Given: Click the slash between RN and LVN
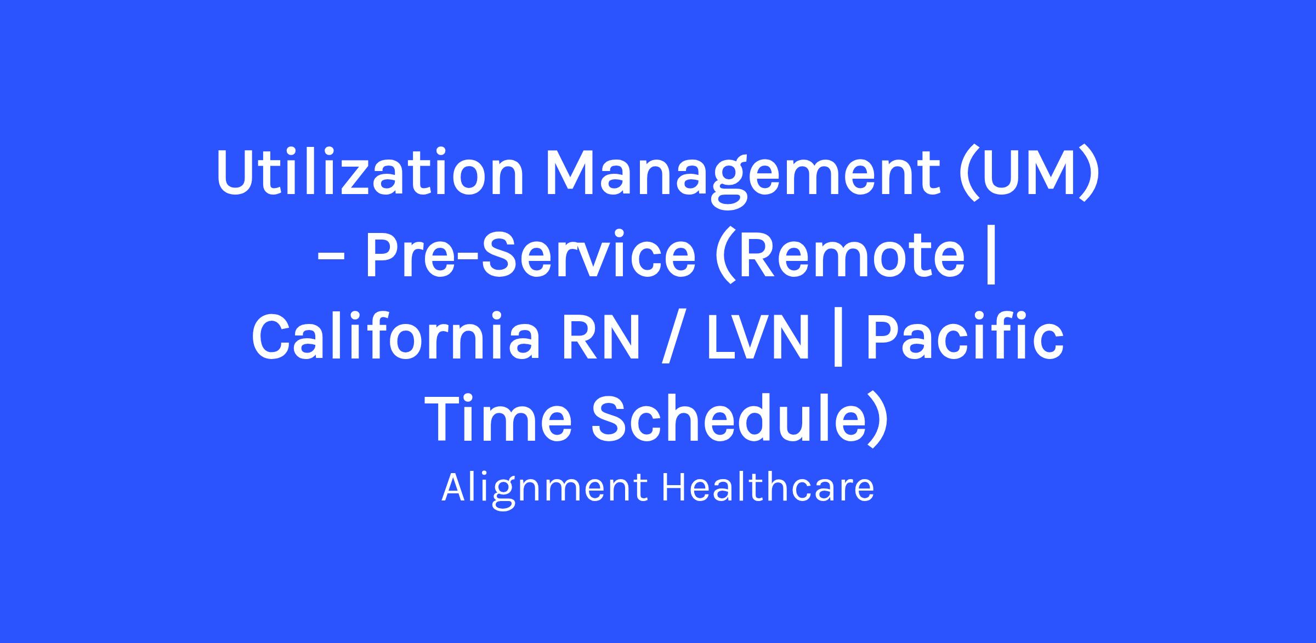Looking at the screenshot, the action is (x=674, y=339).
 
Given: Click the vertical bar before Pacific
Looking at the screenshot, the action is (x=837, y=340).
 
